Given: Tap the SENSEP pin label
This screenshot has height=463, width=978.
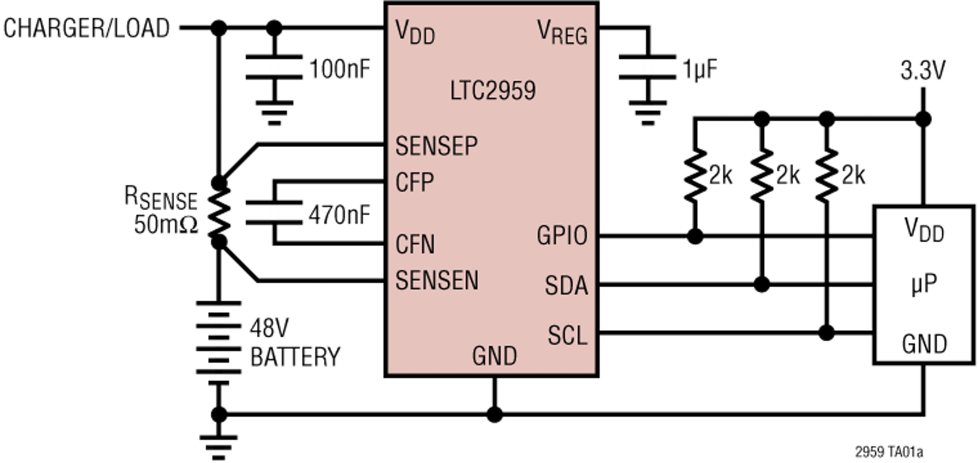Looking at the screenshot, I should coord(436,146).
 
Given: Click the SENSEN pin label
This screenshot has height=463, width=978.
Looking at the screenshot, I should coord(437,281).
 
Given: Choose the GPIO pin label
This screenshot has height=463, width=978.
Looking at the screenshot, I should coord(562,236).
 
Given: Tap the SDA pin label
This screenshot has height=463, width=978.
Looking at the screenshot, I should coord(566,286).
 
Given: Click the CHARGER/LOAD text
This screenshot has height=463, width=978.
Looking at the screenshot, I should coord(87,28).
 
